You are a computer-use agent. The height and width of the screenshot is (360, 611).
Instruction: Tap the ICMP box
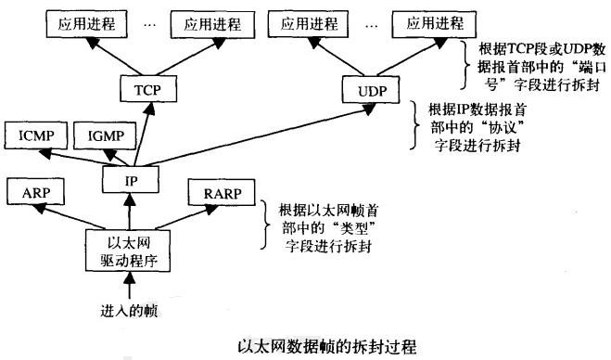click(x=33, y=135)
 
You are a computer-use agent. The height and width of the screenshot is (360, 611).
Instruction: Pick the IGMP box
click(x=106, y=135)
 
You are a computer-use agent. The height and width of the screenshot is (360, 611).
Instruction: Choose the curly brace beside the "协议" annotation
click(x=413, y=126)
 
